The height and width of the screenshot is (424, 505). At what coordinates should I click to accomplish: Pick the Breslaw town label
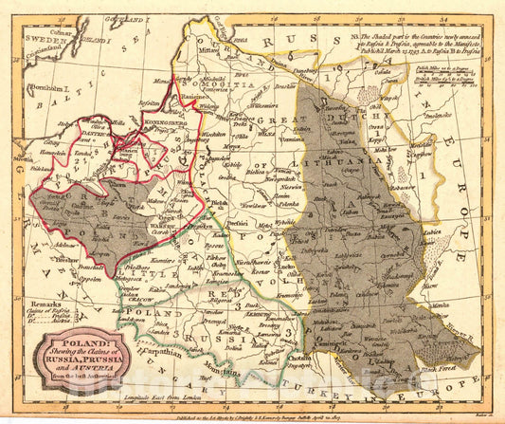click(x=66, y=259)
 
